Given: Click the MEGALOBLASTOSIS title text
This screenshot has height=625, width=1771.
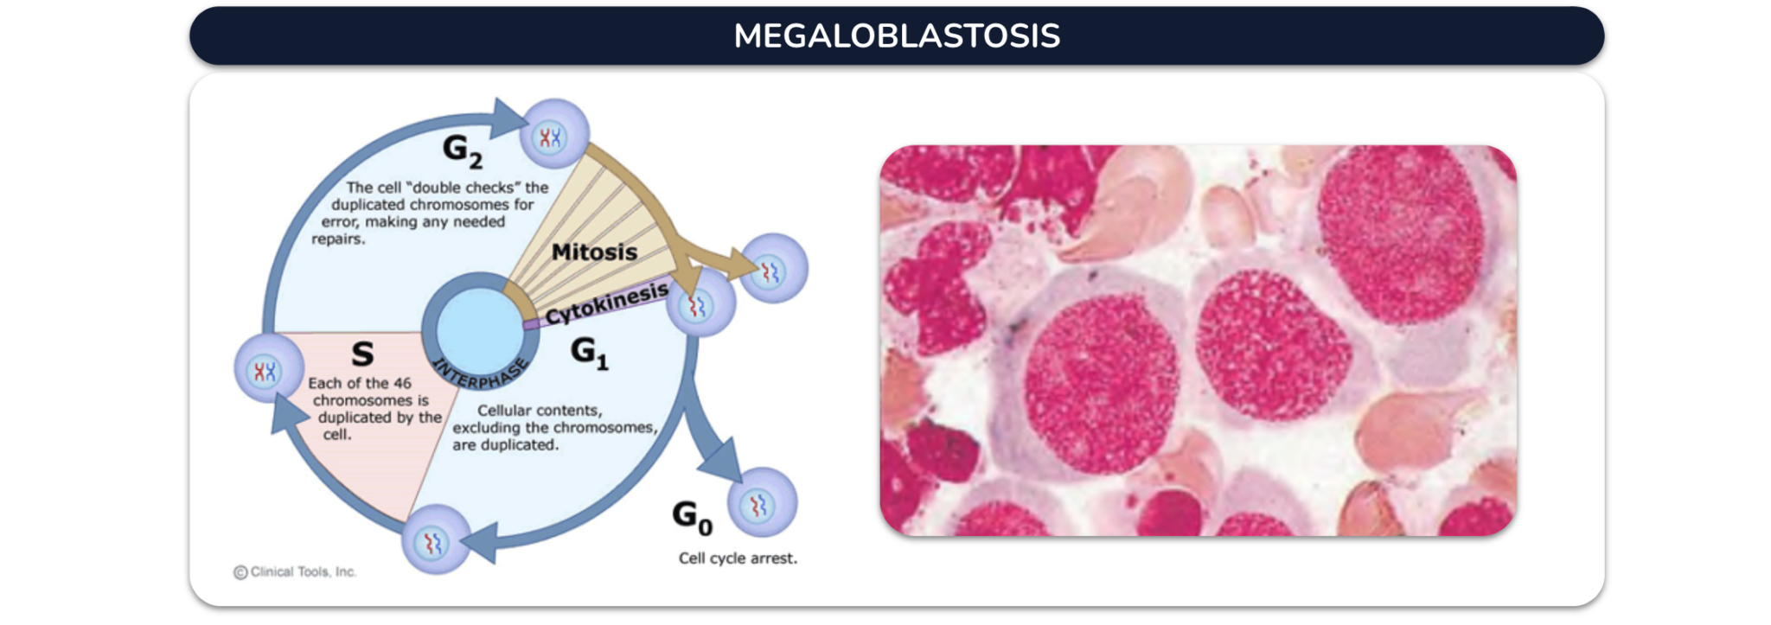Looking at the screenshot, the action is click(x=897, y=35).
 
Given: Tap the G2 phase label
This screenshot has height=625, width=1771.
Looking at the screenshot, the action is click(x=463, y=150).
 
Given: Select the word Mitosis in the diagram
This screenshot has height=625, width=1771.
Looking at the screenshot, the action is click(x=594, y=252).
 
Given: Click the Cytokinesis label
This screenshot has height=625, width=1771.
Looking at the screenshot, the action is click(x=606, y=303).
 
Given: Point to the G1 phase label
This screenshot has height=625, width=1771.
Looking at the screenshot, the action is click(x=590, y=353).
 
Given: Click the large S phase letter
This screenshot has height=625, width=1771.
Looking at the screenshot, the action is click(x=362, y=354).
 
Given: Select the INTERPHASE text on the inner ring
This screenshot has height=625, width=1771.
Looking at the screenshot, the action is click(x=479, y=373).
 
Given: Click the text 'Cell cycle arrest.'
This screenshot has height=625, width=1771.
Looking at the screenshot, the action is click(x=738, y=558).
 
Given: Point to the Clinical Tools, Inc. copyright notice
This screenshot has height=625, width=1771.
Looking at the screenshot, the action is click(x=295, y=572).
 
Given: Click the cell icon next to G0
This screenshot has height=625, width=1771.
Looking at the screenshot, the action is click(x=762, y=503).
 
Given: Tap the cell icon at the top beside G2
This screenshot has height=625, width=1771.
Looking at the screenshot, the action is click(x=554, y=134).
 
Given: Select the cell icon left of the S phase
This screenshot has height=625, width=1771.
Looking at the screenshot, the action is click(x=269, y=369).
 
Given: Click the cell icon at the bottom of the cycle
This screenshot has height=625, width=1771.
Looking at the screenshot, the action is click(x=436, y=540).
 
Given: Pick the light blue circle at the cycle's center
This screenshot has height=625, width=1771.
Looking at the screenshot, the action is click(x=478, y=331).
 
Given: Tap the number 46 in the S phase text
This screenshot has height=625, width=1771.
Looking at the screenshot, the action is click(x=402, y=383).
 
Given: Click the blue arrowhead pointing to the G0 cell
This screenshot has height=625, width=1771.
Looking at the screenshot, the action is click(x=724, y=460).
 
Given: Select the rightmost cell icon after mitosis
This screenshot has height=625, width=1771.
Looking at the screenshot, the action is click(x=773, y=269).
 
